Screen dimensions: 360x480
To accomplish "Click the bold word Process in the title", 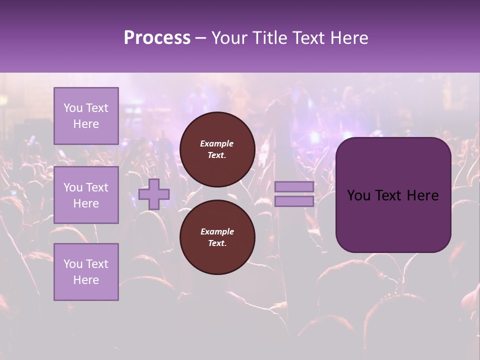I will coord(157,38).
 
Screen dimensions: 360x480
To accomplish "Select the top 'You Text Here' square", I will coord(86,116).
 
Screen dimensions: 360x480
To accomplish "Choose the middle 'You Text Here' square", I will coord(86,195).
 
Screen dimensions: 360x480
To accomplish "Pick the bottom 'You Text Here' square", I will coord(86,272).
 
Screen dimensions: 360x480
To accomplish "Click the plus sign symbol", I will coord(154,194).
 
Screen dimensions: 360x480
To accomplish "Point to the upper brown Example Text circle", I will coord(217,149).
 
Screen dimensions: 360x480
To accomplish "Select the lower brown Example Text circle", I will coord(217,237).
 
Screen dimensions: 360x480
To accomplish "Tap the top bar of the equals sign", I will coord(294,186).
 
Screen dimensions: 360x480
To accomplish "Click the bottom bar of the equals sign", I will coord(294,201).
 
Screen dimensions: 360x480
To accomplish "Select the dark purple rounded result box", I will coord(393,195).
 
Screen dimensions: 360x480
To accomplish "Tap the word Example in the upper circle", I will coord(216,143).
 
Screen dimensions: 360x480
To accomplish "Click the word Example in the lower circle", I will coord(216,231).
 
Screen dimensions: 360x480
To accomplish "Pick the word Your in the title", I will coord(228,38).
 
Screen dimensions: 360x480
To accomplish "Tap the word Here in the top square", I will coord(86,124).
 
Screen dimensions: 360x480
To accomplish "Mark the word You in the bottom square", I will coord(73,264).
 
